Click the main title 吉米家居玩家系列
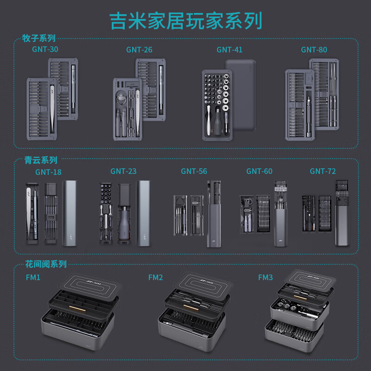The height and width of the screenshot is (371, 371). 185,20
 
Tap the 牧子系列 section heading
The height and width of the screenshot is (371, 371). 39,38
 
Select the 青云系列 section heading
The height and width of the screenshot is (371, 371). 41,160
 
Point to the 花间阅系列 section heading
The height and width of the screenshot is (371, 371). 46,264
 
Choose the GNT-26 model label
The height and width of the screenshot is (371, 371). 139,50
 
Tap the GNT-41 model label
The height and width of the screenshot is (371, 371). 229,50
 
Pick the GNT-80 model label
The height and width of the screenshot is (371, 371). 314,50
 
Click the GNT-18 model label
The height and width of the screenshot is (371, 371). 48,172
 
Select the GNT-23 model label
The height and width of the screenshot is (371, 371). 123,171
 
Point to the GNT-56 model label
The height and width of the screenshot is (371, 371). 194,171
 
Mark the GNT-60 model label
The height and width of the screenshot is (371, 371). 259,171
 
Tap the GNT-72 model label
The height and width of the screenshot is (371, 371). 323,171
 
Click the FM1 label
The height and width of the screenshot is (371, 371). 33,277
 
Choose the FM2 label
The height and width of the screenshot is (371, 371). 155,277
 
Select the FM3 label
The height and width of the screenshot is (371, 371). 266,277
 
